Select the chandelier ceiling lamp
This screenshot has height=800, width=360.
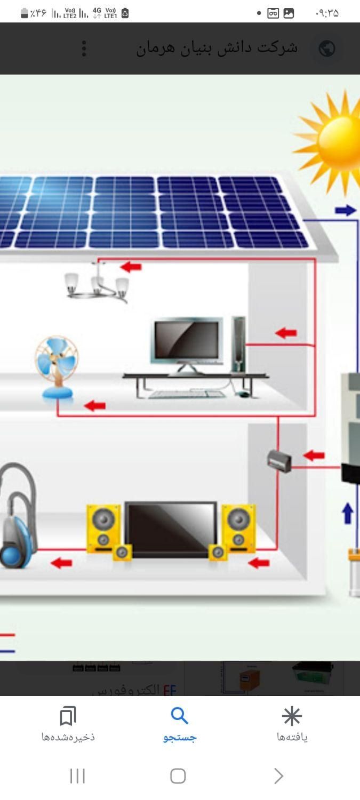98,283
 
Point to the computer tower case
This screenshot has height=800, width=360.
239,343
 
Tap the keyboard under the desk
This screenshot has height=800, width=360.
187,394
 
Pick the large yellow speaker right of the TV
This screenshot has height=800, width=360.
238,525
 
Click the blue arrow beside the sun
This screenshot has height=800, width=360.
346,210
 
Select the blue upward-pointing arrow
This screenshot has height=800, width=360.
347,513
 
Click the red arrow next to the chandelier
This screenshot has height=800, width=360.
131,266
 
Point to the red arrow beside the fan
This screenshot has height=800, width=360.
95,406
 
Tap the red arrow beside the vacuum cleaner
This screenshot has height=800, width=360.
61,563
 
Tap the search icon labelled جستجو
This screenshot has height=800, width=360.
180,716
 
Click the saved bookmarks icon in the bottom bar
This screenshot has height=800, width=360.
68,716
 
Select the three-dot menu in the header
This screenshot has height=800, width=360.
84,49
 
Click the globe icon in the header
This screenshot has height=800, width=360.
326,49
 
